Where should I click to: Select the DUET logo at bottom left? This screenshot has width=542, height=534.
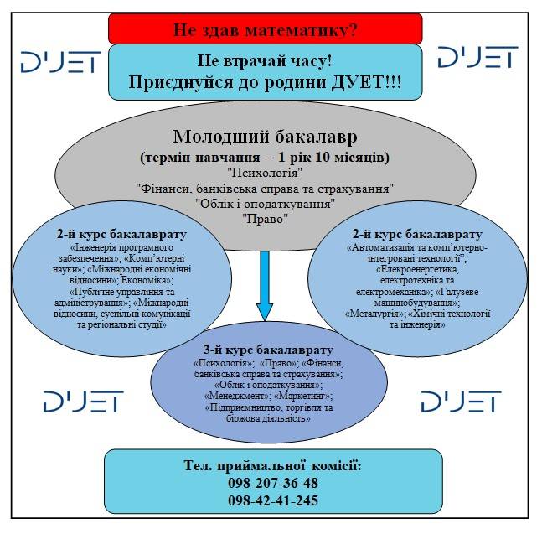click(83, 402)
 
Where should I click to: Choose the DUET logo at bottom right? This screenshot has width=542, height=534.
click(461, 402)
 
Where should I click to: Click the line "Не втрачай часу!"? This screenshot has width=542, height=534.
click(265, 62)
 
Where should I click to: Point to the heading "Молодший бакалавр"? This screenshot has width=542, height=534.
click(265, 137)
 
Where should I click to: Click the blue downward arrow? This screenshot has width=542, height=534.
click(265, 285)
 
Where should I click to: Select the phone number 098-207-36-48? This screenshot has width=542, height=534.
click(272, 484)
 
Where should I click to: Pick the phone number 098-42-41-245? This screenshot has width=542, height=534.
click(272, 501)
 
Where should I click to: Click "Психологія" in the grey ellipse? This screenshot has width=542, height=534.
click(265, 173)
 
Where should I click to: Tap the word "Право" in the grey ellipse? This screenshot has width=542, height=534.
click(265, 218)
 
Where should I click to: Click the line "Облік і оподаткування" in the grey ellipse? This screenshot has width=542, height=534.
click(265, 203)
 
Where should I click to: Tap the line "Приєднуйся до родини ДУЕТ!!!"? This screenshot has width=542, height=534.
click(265, 82)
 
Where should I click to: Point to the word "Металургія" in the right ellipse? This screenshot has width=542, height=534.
click(374, 313)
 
